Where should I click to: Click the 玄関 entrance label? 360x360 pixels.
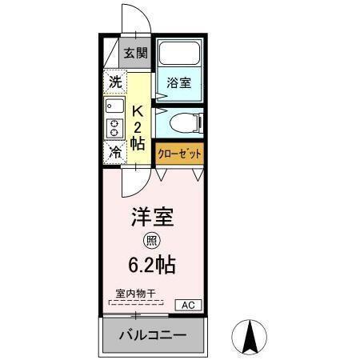pos(136,54)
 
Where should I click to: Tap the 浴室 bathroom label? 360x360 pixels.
pos(178,82)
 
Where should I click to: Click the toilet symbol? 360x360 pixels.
pos(186,122)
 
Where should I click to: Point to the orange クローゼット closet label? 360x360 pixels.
pos(179,152)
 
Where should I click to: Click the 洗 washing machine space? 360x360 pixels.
pos(115,81)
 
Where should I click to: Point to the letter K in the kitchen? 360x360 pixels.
pos(138,110)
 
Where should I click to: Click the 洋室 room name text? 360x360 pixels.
pos(152,217)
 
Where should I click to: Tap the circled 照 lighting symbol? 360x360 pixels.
pos(150,241)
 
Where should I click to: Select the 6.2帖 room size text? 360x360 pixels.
pos(152,264)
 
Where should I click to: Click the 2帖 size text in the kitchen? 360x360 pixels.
pos(138,136)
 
